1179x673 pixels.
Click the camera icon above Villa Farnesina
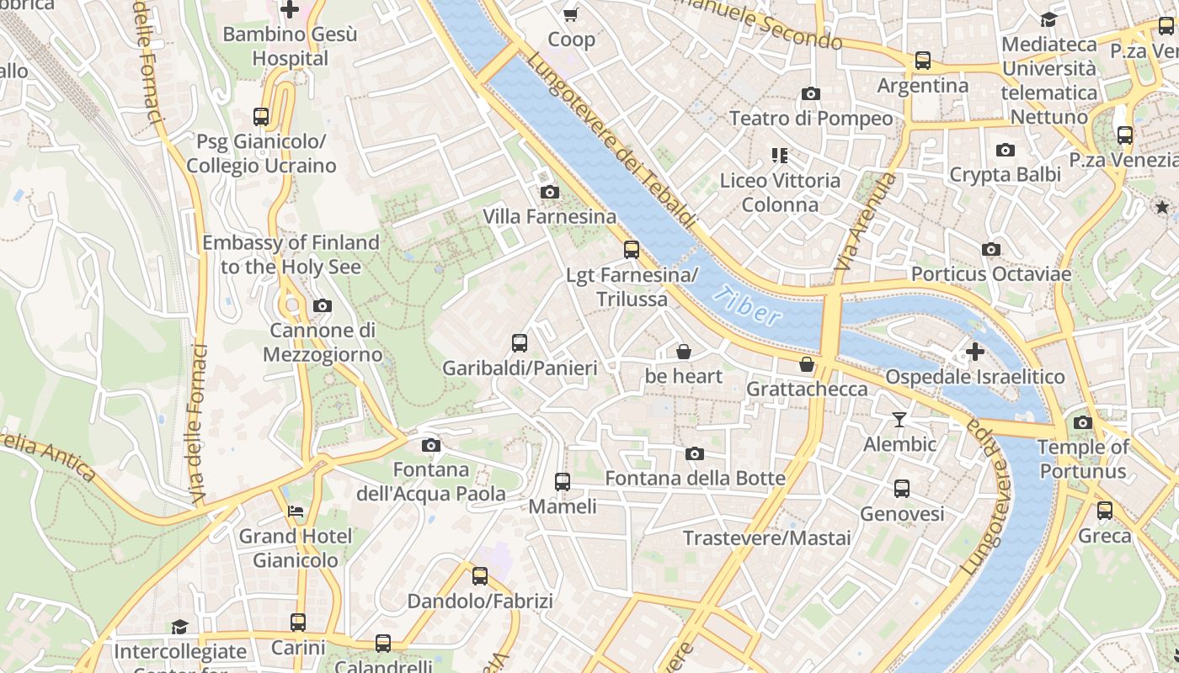pos(549,193)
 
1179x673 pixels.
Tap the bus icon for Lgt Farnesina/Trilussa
pos(631,250)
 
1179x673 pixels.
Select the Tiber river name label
pos(746,305)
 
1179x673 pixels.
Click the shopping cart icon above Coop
pos(571,14)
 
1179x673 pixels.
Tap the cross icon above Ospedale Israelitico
pos(974,352)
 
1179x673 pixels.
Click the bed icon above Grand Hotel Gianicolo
pos(295,511)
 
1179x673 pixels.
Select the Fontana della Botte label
pos(695,479)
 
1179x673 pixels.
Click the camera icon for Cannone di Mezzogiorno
pos(322,306)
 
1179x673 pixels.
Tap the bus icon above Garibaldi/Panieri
pos(520,343)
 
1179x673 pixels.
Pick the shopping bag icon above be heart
pos(684,352)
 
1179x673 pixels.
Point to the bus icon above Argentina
pos(923,61)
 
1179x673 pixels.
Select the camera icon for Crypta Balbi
pos(1005,151)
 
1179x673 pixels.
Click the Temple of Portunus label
pos(1082,459)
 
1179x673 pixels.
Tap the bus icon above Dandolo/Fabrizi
pos(479,576)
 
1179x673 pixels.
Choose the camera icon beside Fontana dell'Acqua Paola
pos(430,445)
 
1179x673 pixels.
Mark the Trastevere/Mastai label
pos(766,538)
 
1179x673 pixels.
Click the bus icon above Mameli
pos(563,482)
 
